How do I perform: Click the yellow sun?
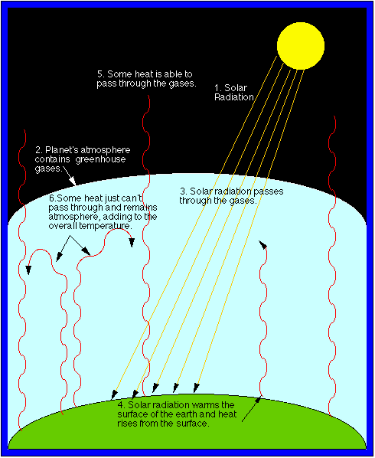(301, 46)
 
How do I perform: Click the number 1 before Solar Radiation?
(217, 88)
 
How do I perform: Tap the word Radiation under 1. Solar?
(234, 97)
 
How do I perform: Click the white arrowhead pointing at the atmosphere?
(73, 182)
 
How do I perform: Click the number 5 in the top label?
(100, 74)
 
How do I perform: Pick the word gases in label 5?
(182, 83)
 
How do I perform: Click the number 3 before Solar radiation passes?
(182, 191)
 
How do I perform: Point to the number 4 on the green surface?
(121, 405)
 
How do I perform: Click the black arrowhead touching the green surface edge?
(258, 401)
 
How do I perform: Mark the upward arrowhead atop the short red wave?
(263, 245)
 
